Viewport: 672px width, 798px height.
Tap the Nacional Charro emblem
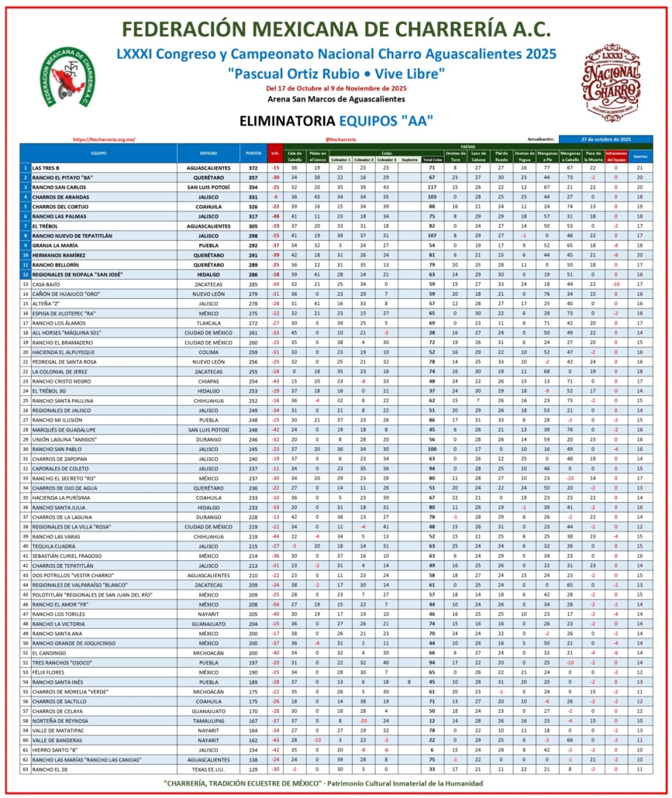coord(612,83)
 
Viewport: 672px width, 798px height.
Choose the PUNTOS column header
coord(253,153)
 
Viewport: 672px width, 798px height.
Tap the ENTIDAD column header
coord(208,153)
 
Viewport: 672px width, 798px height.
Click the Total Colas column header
coord(432,160)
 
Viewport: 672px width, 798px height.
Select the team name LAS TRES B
coord(46,167)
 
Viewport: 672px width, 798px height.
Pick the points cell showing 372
coord(253,167)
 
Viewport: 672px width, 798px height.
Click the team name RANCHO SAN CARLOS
coord(57,187)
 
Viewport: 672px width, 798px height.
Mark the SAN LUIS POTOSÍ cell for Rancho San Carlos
coord(208,187)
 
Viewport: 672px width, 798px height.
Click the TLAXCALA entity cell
coord(208,323)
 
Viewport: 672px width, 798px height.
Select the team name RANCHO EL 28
coord(49,769)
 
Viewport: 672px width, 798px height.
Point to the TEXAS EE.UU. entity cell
coord(208,769)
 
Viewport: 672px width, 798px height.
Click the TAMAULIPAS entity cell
coord(208,721)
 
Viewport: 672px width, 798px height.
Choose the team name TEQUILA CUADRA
coord(52,546)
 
